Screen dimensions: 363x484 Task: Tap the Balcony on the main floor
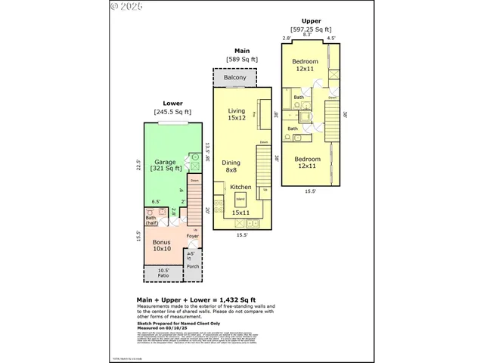click(234, 78)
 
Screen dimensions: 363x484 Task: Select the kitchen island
click(241, 200)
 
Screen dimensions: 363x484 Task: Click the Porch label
click(192, 267)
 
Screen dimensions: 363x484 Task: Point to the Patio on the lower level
click(163, 274)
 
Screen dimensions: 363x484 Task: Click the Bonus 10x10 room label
click(163, 246)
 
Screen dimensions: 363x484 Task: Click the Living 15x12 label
click(237, 114)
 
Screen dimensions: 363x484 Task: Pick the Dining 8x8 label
click(231, 166)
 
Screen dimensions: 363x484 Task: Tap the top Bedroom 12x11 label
click(306, 65)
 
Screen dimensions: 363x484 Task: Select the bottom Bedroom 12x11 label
click(307, 163)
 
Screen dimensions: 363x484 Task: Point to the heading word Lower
click(172, 104)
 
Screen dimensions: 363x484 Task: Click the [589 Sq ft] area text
click(242, 59)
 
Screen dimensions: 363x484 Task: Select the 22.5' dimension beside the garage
click(138, 164)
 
